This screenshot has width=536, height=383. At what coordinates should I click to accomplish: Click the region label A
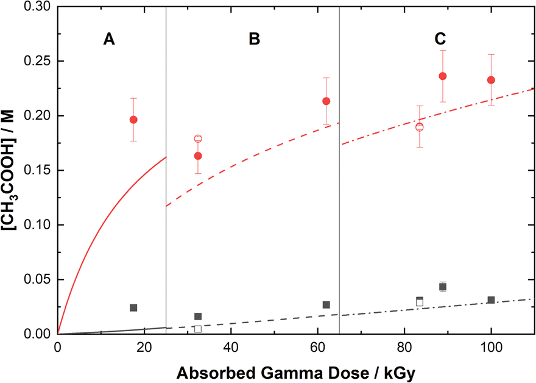108,39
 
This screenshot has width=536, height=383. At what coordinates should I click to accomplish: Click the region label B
255,39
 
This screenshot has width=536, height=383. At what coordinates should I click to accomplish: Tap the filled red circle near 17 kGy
133,120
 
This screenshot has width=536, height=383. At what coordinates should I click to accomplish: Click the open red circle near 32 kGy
198,139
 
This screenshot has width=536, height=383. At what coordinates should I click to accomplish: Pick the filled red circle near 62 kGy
326,101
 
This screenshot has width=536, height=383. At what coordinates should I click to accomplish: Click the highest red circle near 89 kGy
443,76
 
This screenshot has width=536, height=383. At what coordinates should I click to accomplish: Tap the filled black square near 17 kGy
133,308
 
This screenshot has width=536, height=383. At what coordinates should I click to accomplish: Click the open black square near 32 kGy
198,329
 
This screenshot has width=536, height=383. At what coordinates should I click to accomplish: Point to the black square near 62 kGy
326,305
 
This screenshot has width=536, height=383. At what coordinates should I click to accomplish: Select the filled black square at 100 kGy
491,300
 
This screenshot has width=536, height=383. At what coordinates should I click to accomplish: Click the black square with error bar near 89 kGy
443,287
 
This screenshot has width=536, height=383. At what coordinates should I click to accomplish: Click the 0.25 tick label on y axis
38,62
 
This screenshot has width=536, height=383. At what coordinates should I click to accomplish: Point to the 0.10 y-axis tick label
38,225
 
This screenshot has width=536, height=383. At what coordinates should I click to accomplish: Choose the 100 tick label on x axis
491,347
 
